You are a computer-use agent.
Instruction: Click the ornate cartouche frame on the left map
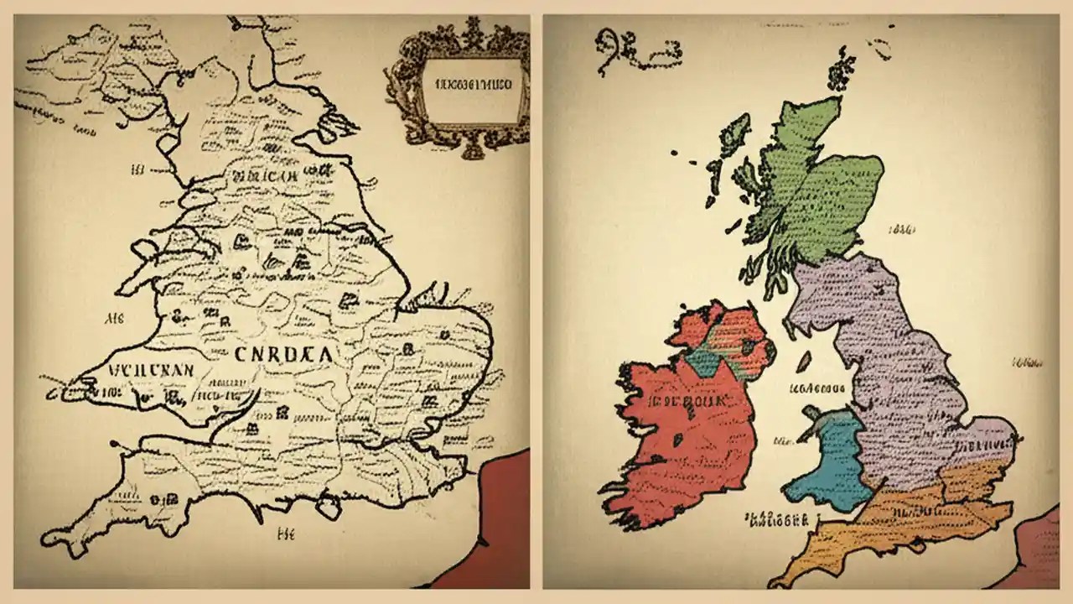pos(458,84)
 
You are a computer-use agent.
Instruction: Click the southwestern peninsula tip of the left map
pos(55,538)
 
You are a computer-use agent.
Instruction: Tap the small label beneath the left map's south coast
pos(285,532)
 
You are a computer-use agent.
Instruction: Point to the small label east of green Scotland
pos(901,228)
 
